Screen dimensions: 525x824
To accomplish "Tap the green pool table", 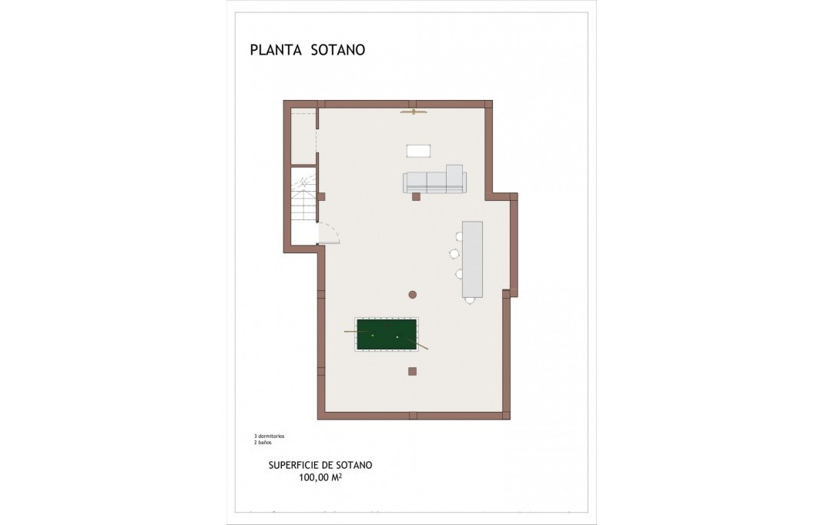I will coord(387,334).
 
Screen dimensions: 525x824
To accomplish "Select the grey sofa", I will coord(434,182).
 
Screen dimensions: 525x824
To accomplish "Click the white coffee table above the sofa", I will coord(418,151).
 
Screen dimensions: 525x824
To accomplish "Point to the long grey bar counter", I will coord(472,259).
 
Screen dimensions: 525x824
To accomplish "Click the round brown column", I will coord(413,294).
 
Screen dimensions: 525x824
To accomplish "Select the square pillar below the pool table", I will coord(412,371).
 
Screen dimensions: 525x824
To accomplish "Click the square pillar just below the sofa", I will coord(416,197).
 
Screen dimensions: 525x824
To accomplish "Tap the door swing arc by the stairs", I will coord(329,232).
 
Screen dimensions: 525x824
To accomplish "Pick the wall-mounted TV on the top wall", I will coord(414,112).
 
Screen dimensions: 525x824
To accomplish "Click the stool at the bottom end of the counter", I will coord(469,301).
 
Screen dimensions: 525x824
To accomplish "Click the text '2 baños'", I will coord(263,443).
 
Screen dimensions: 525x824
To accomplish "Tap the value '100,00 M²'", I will coord(320,478).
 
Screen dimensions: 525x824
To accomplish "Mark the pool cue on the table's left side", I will coord(350,332).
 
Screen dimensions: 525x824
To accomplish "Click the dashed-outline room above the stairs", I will coord(303,139).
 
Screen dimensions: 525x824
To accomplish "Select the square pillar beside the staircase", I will coord(321,196).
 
